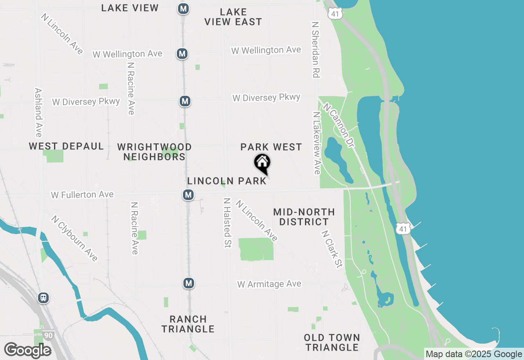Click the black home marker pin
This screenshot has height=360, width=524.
[x=262, y=164]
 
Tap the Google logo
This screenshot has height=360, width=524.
[x=28, y=350]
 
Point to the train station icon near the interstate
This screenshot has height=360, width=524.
[x=43, y=297]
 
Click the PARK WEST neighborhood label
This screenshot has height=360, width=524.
[x=271, y=147]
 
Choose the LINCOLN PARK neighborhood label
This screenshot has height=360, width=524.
[x=227, y=181]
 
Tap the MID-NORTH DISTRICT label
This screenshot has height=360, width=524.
[x=304, y=217]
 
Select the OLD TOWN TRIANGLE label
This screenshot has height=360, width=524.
[x=332, y=342]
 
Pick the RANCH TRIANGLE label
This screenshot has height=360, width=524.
[x=188, y=324]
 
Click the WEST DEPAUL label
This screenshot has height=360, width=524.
[x=66, y=146]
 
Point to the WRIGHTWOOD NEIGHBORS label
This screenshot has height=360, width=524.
[x=154, y=152]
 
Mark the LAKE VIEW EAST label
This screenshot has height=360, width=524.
[x=233, y=17]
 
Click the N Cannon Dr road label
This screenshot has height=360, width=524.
[x=338, y=126]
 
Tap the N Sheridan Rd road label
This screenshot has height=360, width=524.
[x=315, y=50]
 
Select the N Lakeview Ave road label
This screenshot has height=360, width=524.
[x=316, y=143]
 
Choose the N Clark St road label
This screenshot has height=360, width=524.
[x=332, y=249]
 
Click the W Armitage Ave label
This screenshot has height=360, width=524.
[x=269, y=284]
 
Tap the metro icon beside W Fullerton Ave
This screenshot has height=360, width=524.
[x=188, y=195]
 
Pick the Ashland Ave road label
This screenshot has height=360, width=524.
[x=38, y=112]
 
